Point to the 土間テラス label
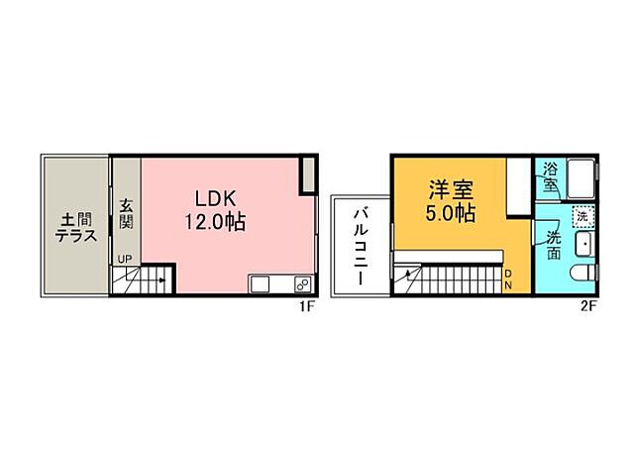74,227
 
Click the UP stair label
125,260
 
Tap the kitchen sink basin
260,285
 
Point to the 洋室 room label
450,187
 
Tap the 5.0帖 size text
450,213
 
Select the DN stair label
507,280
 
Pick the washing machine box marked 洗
582,215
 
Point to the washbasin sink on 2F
583,245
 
